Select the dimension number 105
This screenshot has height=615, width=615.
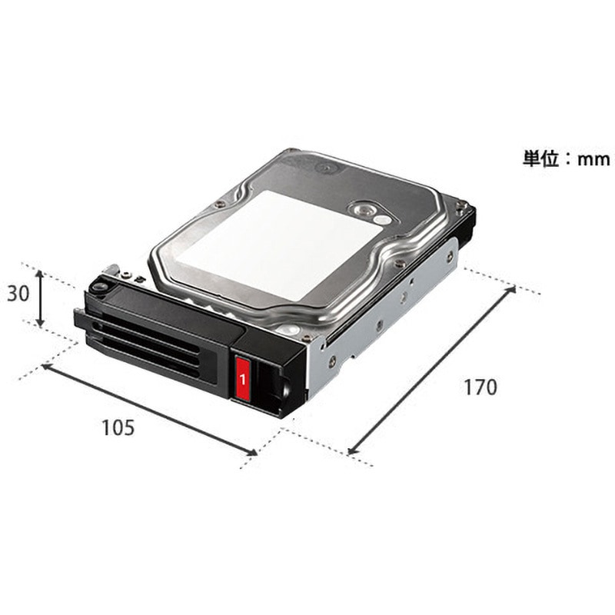tap(118, 427)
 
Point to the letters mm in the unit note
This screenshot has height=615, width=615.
tap(592, 158)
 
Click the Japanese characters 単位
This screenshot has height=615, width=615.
tap(541, 158)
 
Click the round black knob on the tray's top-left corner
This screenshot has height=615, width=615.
tap(98, 286)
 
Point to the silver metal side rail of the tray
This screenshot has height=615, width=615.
tap(384, 323)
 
